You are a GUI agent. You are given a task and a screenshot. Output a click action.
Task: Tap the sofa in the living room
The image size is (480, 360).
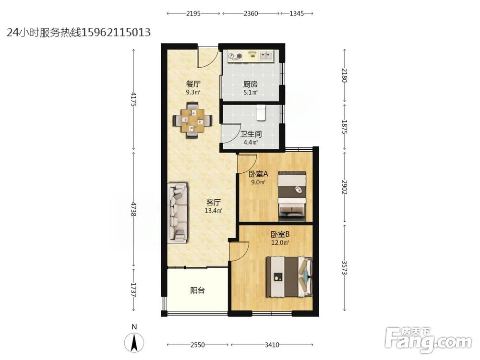(178, 214)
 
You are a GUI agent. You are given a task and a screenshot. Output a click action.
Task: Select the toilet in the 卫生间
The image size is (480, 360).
(261, 112)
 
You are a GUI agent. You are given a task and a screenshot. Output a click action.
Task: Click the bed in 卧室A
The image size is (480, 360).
(292, 196)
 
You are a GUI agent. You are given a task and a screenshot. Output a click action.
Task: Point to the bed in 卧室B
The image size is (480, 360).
(289, 277)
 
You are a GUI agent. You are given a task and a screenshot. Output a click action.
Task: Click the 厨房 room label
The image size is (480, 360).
(250, 84)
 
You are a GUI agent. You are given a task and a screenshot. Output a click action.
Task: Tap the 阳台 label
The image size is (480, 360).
(197, 290)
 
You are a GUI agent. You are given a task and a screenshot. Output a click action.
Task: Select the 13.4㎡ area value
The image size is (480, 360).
(214, 211)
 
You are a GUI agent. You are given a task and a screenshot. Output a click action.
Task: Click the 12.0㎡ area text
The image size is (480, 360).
(280, 243)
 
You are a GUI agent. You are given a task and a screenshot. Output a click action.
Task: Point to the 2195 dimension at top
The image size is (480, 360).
(193, 13)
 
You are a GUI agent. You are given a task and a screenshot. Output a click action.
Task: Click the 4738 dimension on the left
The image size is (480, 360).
(133, 209)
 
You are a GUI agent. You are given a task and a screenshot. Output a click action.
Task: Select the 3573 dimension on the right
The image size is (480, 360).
(345, 267)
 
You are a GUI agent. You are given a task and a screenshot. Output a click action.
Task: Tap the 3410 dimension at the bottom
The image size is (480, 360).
(272, 345)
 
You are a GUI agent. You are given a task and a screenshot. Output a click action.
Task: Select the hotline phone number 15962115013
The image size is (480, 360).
(116, 32)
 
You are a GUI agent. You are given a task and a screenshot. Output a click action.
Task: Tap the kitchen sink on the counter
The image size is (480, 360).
(266, 56)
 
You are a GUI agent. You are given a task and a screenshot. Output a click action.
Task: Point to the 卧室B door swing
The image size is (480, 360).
(240, 251)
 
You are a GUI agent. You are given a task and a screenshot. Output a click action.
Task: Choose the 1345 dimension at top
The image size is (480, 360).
(297, 13)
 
